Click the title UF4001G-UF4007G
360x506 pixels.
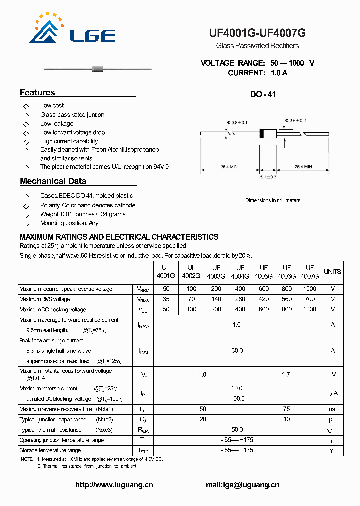click(x=257, y=33)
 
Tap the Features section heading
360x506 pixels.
click(x=37, y=92)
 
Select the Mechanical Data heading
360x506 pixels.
click(x=53, y=181)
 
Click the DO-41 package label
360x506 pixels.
click(x=263, y=94)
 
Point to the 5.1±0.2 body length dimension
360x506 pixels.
click(x=268, y=177)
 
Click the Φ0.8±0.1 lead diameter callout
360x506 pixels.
click(x=237, y=122)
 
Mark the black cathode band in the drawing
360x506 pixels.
click(x=261, y=133)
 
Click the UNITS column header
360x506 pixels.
click(x=332, y=272)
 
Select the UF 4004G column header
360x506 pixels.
click(x=240, y=272)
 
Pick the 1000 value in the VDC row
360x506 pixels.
click(x=310, y=309)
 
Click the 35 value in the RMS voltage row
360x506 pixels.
click(x=166, y=299)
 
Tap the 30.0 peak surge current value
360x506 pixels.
click(x=237, y=351)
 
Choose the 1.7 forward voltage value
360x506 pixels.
click(x=286, y=374)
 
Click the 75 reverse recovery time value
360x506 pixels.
click(x=286, y=409)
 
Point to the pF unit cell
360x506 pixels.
click(x=332, y=419)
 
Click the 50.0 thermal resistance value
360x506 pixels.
click(x=237, y=430)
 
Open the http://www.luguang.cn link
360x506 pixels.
click(x=114, y=485)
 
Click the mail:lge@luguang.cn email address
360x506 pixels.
click(x=242, y=485)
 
